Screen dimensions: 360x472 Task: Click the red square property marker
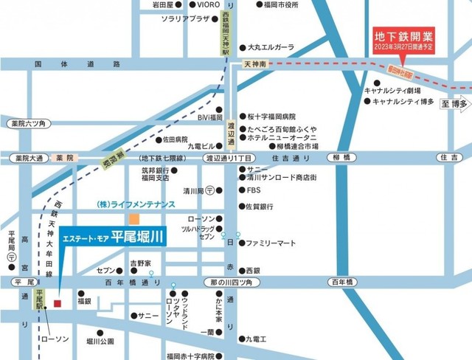[58, 302]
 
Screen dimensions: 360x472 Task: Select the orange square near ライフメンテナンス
[133, 219]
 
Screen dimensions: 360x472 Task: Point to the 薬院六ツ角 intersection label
[27, 123]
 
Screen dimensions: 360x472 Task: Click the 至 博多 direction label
[456, 104]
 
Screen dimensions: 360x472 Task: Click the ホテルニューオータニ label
[282, 137]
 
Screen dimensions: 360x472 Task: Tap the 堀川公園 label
[100, 342]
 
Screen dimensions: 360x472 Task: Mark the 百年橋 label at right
[344, 283]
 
